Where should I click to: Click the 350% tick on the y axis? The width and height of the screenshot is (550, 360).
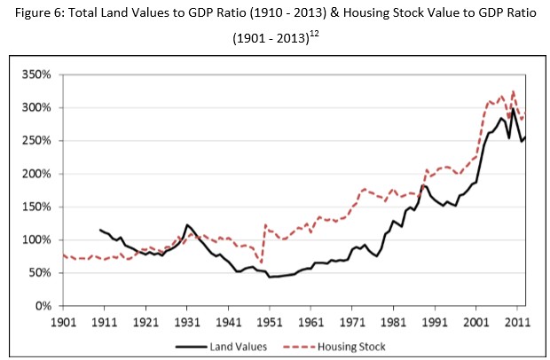[x=41, y=74]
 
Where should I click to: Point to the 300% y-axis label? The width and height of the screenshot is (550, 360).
[x=41, y=107]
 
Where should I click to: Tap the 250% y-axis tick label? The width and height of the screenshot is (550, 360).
[x=41, y=141]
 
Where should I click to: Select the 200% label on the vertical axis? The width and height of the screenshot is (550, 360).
[x=41, y=174]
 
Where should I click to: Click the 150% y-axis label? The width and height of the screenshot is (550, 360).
[x=41, y=207]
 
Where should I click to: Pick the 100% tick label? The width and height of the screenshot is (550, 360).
[x=41, y=240]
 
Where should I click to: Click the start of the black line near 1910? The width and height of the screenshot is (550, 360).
[x=100, y=230]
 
